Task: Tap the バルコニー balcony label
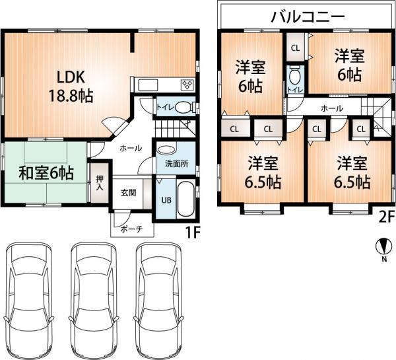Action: (308, 17)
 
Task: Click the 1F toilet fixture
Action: (183, 106)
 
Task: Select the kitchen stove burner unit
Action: (187, 85)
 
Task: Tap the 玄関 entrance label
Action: (128, 193)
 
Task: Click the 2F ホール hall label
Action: (331, 107)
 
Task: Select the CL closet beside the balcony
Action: (295, 48)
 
